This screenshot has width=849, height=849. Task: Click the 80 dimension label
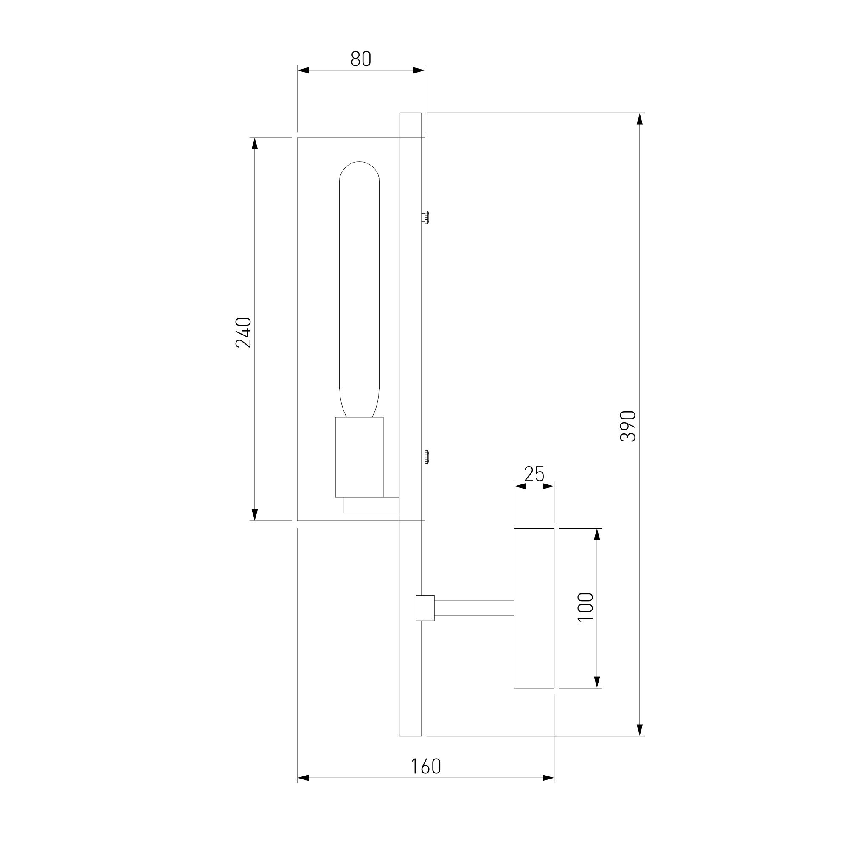[x=361, y=59]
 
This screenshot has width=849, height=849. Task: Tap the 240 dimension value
[x=243, y=333]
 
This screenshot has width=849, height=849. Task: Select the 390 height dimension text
[x=628, y=426]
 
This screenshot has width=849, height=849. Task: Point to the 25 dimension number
[x=534, y=474]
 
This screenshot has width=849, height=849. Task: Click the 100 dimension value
[x=586, y=607]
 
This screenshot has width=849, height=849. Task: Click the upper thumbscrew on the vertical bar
[x=425, y=217]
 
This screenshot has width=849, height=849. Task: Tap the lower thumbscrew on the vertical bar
[x=425, y=457]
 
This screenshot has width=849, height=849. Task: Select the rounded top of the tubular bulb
[x=360, y=162]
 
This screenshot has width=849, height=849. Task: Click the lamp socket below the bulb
[x=360, y=457]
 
